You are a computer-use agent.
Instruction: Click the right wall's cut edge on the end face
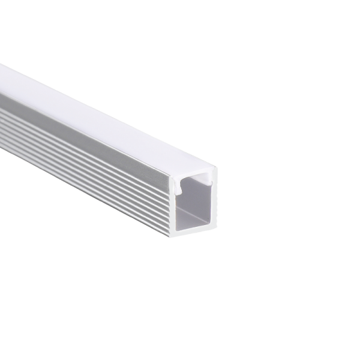214,201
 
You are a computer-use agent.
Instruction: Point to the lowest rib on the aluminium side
90,191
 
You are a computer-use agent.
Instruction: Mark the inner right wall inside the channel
208,204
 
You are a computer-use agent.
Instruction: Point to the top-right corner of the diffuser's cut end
216,169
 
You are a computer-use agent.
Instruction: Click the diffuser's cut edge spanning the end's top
193,173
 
